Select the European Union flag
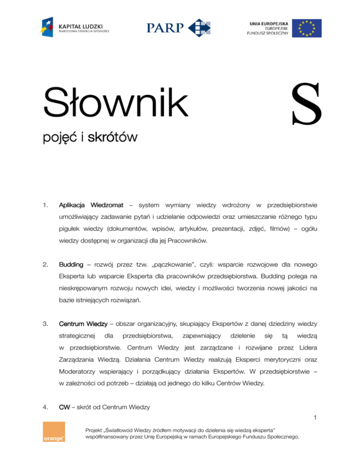tap(307, 28)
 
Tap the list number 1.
tap(45, 205)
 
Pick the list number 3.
tap(45, 323)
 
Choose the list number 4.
tap(45, 407)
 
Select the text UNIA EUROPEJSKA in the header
tap(268, 22)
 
